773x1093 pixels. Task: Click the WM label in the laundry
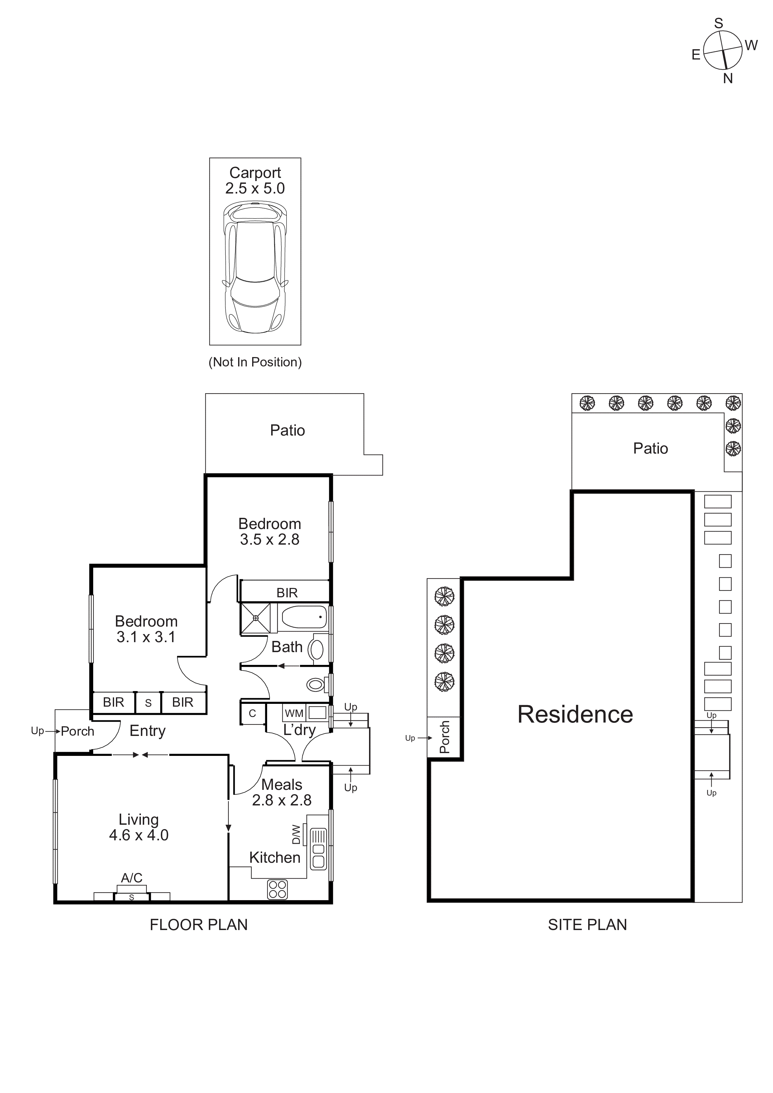pyautogui.click(x=294, y=713)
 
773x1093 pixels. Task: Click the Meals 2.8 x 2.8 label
pyautogui.click(x=281, y=792)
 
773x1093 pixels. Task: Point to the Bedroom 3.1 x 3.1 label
pyautogui.click(x=146, y=629)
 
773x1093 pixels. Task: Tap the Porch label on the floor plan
pyautogui.click(x=78, y=731)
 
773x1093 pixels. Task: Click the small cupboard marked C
pyautogui.click(x=252, y=713)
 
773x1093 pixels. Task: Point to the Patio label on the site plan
pyautogui.click(x=650, y=448)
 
